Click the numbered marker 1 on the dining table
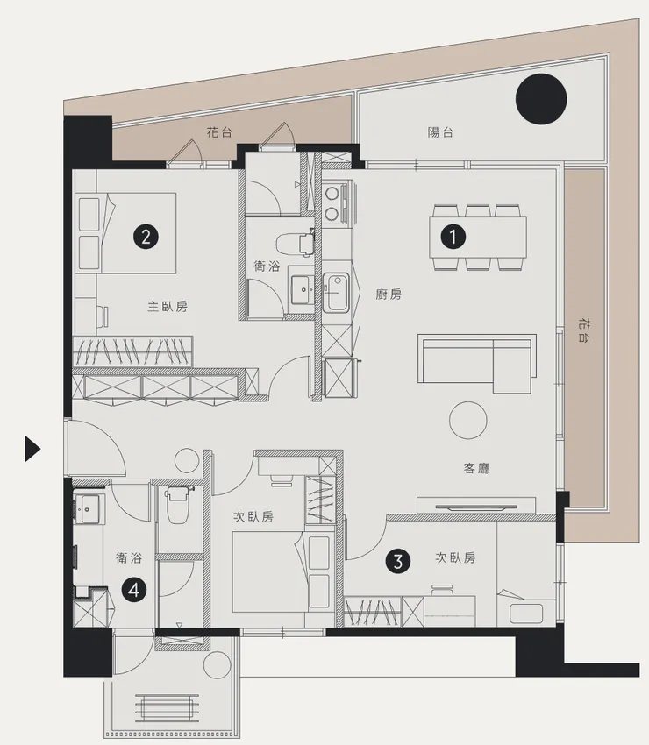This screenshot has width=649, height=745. pyautogui.click(x=453, y=236)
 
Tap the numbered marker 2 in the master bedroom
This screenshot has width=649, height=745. pyautogui.click(x=146, y=236)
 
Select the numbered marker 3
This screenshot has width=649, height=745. pyautogui.click(x=398, y=561)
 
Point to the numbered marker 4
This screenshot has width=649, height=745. pyautogui.click(x=133, y=590)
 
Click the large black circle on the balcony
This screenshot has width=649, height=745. pyautogui.click(x=541, y=99)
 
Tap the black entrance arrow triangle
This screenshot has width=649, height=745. pyautogui.click(x=32, y=449)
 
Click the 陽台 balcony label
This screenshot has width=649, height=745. pyautogui.click(x=440, y=132)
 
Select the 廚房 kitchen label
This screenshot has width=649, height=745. pyautogui.click(x=389, y=294)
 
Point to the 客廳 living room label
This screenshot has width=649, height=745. pyautogui.click(x=476, y=469)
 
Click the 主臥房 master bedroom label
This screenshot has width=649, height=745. pyautogui.click(x=168, y=307)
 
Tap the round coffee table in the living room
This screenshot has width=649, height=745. pyautogui.click(x=467, y=420)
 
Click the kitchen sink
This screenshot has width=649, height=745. pyautogui.click(x=336, y=293)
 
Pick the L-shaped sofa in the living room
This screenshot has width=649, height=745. pyautogui.click(x=477, y=364)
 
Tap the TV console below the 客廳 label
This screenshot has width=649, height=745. pyautogui.click(x=476, y=505)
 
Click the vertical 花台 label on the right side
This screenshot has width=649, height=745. pyautogui.click(x=585, y=331)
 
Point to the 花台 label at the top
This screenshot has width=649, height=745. pyautogui.click(x=219, y=132)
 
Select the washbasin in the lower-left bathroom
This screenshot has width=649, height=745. pyautogui.click(x=87, y=509)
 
